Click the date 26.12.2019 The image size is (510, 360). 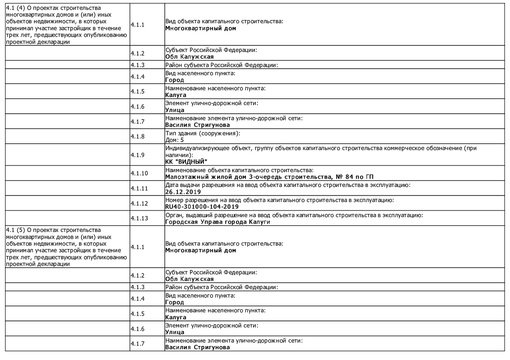183,192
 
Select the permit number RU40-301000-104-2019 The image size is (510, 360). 202,207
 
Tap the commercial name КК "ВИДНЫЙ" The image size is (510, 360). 186,162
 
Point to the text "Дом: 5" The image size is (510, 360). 174,140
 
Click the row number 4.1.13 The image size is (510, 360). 139,218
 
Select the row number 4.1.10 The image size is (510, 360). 139,173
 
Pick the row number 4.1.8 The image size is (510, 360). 137,136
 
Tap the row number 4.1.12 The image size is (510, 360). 139,203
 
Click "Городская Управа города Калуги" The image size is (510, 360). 217,222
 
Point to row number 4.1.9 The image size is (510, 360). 137,155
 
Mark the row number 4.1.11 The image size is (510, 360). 139,188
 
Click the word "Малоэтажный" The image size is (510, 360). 186,177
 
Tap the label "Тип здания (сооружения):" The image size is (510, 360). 203,133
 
